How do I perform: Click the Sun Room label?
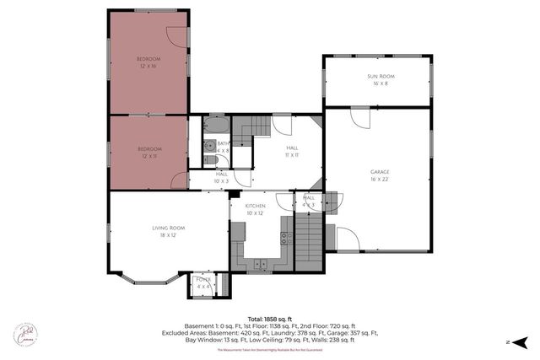377,79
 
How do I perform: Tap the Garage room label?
379,175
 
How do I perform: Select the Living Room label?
169,231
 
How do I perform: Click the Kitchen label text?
256,209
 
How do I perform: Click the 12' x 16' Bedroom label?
148,62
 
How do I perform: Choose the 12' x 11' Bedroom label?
148,152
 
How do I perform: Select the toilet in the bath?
208,160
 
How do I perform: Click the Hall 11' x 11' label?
292,151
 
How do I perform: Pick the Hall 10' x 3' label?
221,177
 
